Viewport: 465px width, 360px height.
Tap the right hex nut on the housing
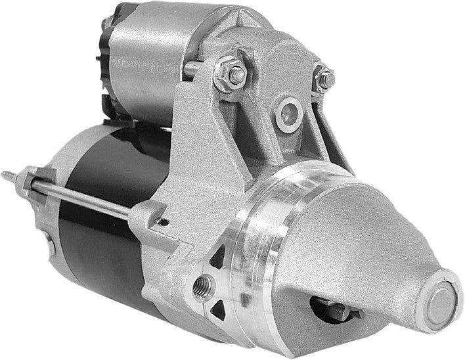tap(323, 78)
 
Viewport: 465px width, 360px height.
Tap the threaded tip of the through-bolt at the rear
tap(8, 174)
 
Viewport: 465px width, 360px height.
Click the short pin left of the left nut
tap(191, 68)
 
